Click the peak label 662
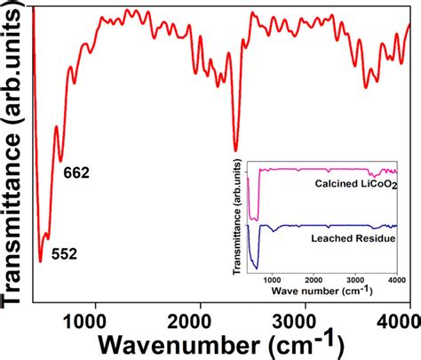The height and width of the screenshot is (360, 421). click(x=76, y=172)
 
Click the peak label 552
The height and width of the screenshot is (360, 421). click(x=64, y=254)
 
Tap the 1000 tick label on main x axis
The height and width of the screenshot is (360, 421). click(x=84, y=323)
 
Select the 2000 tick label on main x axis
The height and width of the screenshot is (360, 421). click(x=189, y=323)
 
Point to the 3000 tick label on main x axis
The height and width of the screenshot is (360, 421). click(x=294, y=323)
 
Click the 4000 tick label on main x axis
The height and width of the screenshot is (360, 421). click(x=400, y=323)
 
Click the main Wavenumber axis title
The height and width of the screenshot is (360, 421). click(x=221, y=345)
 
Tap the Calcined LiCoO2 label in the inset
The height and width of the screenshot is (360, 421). click(x=356, y=184)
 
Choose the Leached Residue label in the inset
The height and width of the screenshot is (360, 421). click(x=353, y=238)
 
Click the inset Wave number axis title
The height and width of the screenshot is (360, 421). click(x=322, y=291)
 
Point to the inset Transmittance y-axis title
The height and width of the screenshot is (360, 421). click(x=237, y=217)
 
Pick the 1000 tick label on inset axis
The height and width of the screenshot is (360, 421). click(x=272, y=280)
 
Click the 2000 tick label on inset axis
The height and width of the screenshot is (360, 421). click(x=314, y=280)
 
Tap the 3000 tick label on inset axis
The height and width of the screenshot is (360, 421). click(x=355, y=280)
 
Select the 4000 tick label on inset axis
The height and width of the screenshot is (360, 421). click(x=397, y=280)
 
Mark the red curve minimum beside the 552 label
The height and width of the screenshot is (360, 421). click(x=41, y=261)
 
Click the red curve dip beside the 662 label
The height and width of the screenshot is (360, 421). click(x=61, y=162)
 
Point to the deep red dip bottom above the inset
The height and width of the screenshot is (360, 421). click(x=235, y=151)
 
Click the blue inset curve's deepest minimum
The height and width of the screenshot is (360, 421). click(x=257, y=268)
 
